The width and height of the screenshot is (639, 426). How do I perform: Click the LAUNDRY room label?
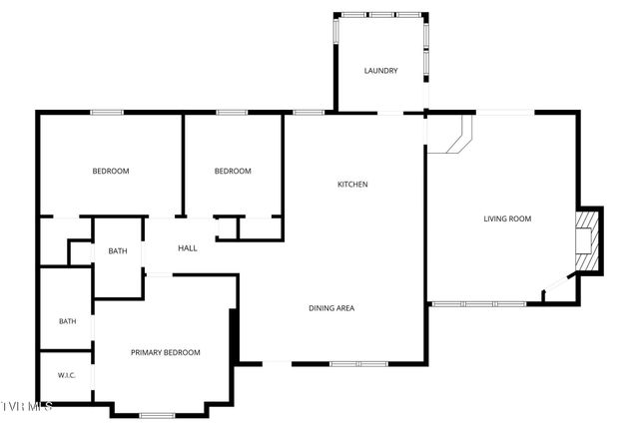pos(380,71)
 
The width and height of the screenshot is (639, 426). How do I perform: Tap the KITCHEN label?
pos(352,185)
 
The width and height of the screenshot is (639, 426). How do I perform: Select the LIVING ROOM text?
pos(507,218)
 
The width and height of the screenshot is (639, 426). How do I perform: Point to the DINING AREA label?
pos(330,308)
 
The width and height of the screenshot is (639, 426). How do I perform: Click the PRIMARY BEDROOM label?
pos(166,352)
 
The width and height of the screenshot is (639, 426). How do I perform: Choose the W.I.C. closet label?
pos(66,376)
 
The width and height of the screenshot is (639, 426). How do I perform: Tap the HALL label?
pos(187,248)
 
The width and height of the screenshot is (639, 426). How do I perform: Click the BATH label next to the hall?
pos(118,251)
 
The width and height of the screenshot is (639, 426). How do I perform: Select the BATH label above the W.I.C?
pos(67,321)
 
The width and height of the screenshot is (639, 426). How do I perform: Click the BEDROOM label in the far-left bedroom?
pos(111,172)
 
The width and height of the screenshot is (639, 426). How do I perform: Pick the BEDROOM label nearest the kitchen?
pos(233,172)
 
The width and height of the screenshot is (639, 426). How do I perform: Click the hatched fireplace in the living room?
pos(589,239)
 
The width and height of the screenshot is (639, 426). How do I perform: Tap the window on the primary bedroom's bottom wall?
pos(158,414)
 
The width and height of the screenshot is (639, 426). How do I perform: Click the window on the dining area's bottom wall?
pos(358,363)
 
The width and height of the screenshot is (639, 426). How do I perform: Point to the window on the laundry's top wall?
pos(380,15)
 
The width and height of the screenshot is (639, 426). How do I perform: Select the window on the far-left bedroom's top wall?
pos(107,112)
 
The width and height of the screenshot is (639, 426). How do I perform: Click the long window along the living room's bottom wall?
pos(478,303)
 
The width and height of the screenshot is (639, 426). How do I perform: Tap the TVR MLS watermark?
pos(28,406)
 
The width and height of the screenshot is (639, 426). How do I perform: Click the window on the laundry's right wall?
pos(426,50)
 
